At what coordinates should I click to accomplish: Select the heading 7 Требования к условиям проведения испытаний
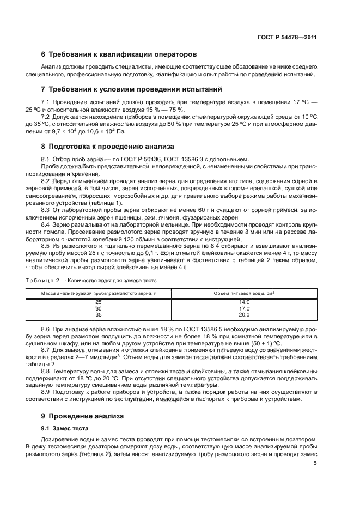coord(131,89)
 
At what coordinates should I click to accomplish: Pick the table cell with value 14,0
coord(244,302)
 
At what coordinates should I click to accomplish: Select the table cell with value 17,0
coord(244,308)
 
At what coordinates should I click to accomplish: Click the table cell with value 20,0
coord(244,315)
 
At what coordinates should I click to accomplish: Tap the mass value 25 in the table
coord(99,302)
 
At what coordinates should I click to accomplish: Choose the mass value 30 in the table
coord(99,308)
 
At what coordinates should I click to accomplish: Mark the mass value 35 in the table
coord(99,315)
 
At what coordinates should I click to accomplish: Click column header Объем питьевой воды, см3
coord(244,293)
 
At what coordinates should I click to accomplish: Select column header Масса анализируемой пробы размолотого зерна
coord(99,294)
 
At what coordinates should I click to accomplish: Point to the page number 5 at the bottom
coord(315,463)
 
